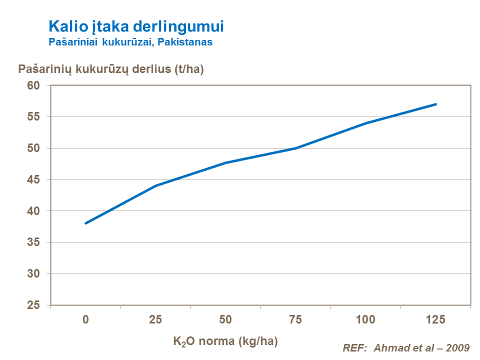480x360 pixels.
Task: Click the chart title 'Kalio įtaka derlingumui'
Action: click(135, 26)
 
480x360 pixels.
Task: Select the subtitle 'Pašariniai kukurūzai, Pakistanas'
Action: click(130, 42)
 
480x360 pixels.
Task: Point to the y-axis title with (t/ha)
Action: click(111, 69)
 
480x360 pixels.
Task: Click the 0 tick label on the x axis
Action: click(86, 320)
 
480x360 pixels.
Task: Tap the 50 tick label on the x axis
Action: click(226, 320)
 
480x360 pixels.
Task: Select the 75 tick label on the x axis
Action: click(296, 320)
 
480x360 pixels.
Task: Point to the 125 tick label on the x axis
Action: click(436, 320)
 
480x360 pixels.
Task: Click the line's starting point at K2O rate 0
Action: click(86, 223)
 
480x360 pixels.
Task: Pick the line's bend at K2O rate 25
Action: click(156, 185)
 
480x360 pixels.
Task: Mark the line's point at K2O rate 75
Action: click(296, 148)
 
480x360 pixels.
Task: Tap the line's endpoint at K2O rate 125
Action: click(436, 104)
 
